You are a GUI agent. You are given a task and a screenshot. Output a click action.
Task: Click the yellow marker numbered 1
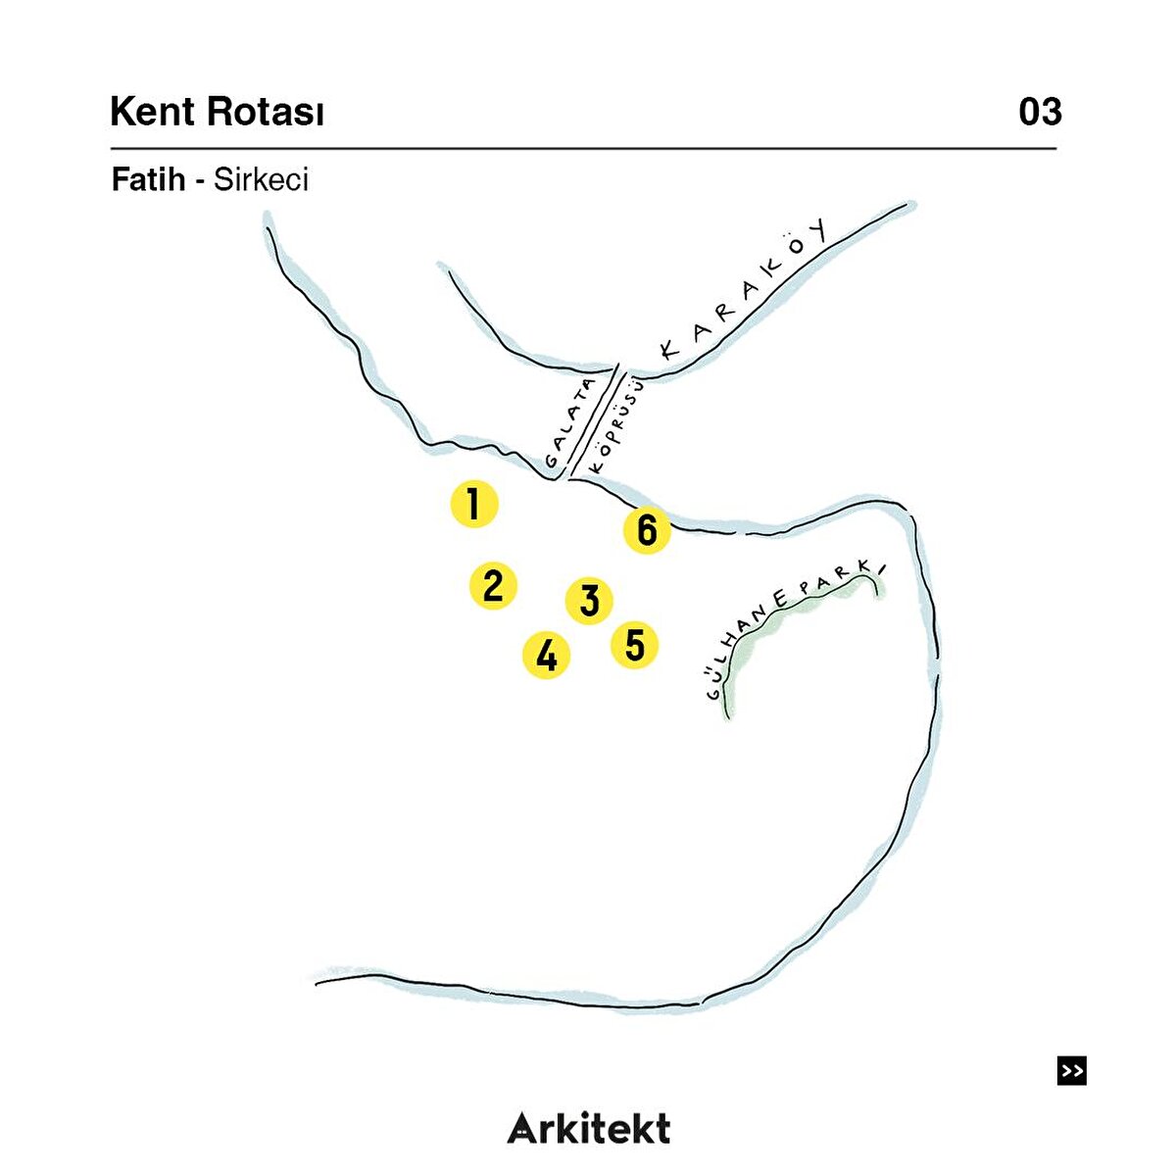[x=474, y=505]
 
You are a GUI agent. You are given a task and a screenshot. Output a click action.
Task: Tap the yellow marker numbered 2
[x=493, y=585]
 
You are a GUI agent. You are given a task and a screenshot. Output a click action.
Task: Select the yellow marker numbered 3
[x=589, y=600]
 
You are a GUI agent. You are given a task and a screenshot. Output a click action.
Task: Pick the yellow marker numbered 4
[x=546, y=655]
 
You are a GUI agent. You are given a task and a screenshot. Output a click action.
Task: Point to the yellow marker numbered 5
[x=634, y=645]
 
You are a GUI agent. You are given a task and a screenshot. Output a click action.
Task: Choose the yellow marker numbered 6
[x=646, y=530]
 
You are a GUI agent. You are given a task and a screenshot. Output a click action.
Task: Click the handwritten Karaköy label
[x=746, y=293]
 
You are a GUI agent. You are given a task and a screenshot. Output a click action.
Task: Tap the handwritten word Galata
[x=571, y=422]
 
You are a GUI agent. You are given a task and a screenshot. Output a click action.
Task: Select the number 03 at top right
[x=1040, y=112]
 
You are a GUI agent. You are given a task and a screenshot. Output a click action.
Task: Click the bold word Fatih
[x=148, y=179]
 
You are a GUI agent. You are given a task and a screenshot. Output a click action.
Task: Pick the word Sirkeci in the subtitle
[x=261, y=179]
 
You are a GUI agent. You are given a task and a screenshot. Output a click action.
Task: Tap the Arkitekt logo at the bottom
[x=589, y=1128]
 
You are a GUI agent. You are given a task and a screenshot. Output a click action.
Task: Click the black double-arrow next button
[x=1072, y=1070]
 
